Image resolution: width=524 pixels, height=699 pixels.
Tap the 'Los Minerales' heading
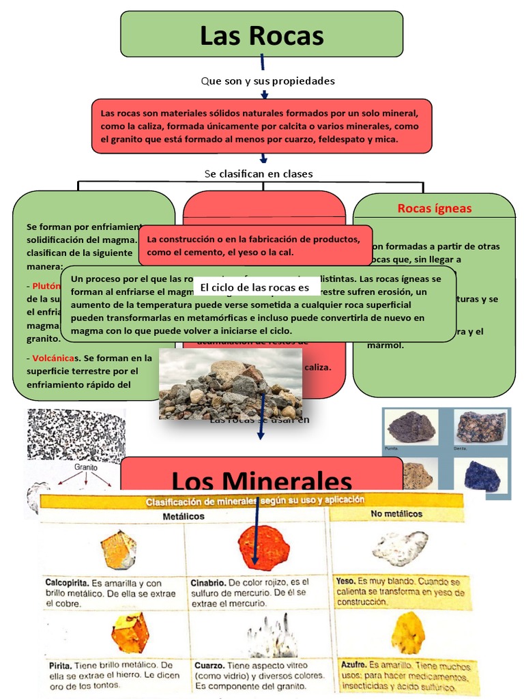coord(261,481)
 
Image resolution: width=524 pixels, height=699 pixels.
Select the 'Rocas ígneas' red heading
coord(434,208)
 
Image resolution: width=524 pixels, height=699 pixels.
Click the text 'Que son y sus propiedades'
coord(267,81)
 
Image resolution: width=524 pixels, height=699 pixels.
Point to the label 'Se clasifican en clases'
coord(259,173)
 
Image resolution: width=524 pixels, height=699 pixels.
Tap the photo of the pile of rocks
coord(230,384)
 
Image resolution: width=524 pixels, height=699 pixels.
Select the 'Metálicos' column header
coord(183,517)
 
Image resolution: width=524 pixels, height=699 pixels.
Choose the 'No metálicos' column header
coord(397,514)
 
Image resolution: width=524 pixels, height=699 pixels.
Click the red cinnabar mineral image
coord(263,547)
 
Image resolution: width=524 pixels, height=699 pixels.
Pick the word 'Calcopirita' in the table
coord(66,584)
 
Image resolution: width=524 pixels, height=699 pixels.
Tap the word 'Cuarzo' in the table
coord(209,666)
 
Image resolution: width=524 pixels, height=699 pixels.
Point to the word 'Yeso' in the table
coord(345,581)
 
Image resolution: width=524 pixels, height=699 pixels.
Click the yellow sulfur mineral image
coord(408,631)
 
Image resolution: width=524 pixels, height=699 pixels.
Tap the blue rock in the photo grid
coord(482,475)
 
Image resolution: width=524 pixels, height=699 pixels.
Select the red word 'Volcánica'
coord(53,357)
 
